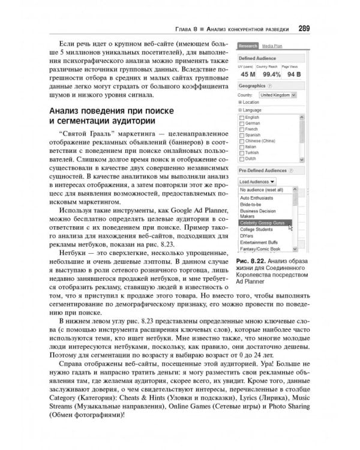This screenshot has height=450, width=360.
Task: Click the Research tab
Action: pos(248,46)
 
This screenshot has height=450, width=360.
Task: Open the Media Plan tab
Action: pos(272,46)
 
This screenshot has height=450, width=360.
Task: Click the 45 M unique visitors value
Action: pos(247,74)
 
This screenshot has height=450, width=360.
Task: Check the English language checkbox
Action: pos(242,117)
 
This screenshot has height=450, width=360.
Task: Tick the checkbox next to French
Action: pos(242,129)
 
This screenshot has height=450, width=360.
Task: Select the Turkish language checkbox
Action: pos(242,153)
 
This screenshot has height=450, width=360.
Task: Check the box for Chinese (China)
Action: pos(242,141)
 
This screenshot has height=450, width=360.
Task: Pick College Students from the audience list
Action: pos(258,229)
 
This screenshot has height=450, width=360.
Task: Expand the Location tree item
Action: pos(241,103)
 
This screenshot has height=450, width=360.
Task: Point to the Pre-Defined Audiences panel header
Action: pos(266,171)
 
